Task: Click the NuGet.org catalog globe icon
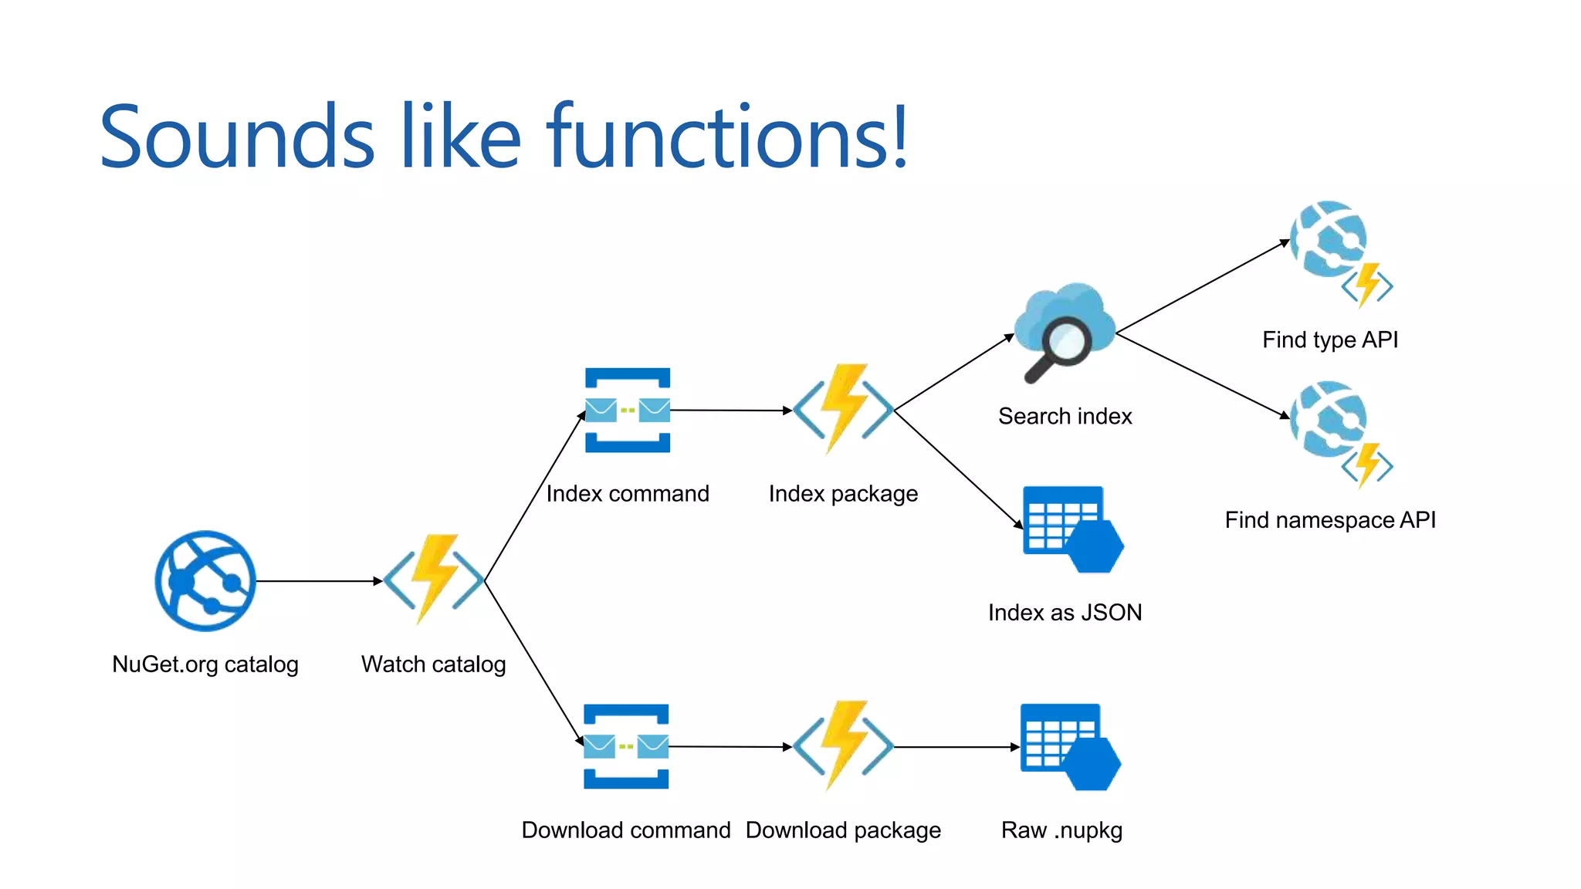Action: tap(205, 580)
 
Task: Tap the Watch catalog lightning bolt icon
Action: tap(435, 579)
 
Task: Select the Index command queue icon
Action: tap(628, 410)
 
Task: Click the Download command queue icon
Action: tap(626, 746)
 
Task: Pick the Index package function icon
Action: tap(844, 409)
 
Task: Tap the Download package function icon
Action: tap(844, 745)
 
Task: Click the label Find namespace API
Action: tap(1329, 520)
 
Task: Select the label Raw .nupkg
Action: tap(1061, 830)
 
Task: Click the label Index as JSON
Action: tap(1065, 613)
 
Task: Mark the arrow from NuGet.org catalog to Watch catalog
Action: tap(319, 581)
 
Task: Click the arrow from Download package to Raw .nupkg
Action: tap(956, 747)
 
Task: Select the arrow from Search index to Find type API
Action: tap(1203, 287)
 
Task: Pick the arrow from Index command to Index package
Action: tap(730, 411)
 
